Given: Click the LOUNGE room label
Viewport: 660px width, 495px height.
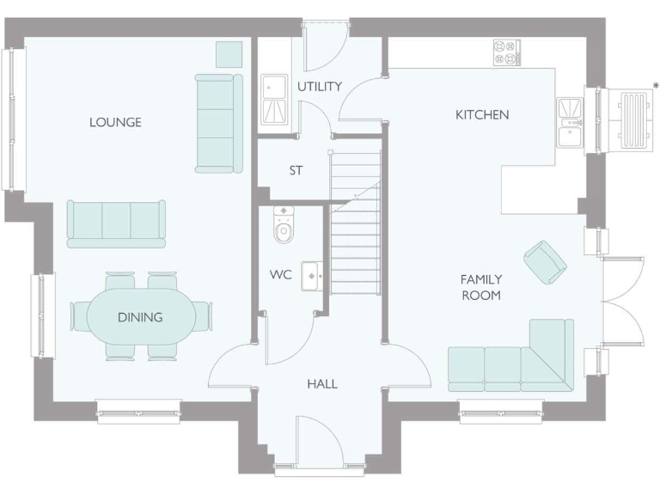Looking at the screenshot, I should click(115, 122).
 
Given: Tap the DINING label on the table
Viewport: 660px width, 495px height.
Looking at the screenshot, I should click(140, 317).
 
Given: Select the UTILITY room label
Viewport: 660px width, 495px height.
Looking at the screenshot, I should click(320, 86).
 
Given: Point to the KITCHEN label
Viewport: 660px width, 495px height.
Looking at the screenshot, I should click(482, 114).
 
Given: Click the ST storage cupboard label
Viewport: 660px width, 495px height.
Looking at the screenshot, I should click(296, 170).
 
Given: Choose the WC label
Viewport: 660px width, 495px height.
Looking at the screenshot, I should click(281, 275).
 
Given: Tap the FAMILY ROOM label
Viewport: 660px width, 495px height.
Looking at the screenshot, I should click(481, 287).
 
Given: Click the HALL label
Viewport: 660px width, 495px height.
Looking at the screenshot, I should click(322, 383).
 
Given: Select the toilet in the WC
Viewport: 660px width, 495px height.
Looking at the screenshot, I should click(284, 224).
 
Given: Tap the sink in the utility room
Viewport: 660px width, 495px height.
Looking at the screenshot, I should click(275, 100).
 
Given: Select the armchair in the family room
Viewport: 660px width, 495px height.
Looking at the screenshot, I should click(545, 261).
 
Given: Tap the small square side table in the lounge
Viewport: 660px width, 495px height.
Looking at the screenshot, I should click(229, 54).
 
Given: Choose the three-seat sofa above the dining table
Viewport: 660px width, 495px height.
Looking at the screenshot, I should click(116, 224).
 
